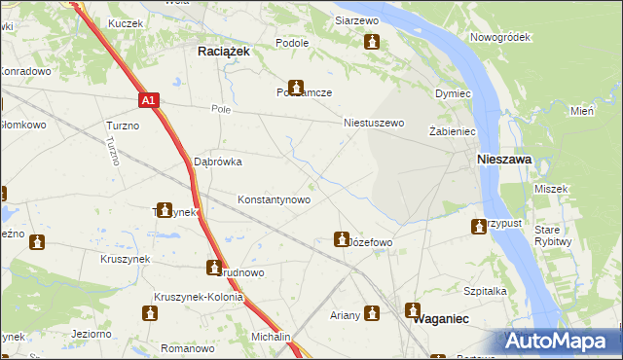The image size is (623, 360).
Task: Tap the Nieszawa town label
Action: [502, 159]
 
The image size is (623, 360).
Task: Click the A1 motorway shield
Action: [147, 100]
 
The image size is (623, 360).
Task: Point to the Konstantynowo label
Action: [275, 199]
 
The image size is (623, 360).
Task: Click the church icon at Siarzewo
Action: [372, 42]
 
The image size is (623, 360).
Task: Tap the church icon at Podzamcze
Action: [295, 88]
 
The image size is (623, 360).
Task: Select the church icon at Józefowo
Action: [342, 237]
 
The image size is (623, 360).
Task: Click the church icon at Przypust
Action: [479, 227]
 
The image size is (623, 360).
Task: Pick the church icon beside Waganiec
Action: [413, 309]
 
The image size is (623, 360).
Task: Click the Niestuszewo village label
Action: [374, 124]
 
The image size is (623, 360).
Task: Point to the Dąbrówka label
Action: [217, 162]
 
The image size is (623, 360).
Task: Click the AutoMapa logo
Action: [561, 341]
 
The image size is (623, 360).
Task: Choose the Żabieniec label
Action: [451, 130]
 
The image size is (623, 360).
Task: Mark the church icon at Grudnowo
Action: [213, 267]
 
